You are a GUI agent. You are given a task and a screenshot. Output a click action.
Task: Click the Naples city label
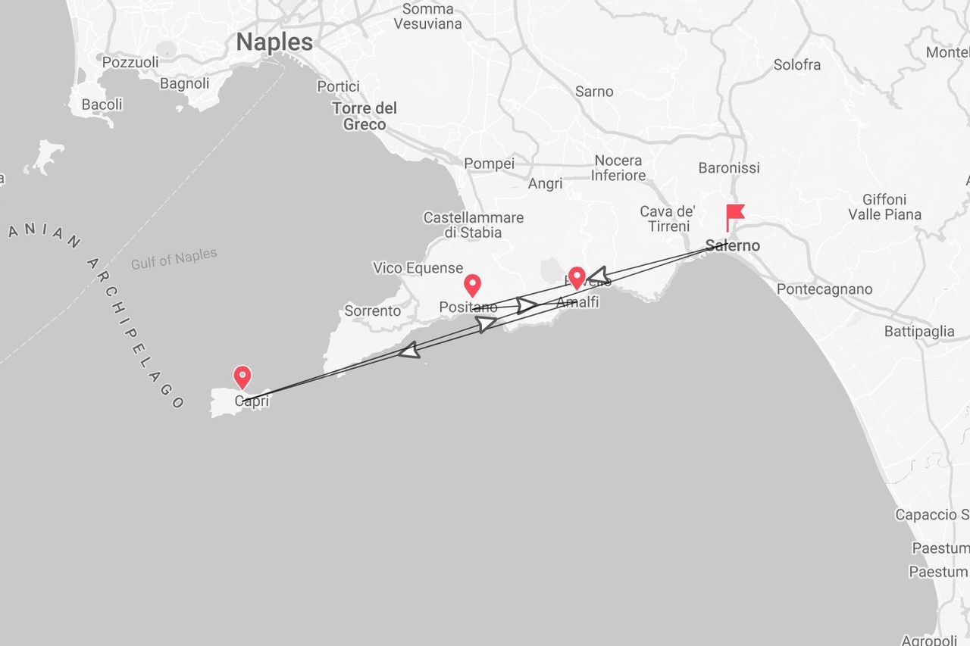click(274, 42)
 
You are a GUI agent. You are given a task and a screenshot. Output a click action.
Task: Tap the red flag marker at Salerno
click(734, 215)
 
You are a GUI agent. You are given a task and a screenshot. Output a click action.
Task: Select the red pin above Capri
click(242, 376)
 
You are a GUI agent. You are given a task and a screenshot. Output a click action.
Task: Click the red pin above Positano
click(472, 285)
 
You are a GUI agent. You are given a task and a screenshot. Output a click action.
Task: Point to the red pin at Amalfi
click(577, 277)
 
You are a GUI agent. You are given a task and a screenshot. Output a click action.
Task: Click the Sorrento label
click(372, 311)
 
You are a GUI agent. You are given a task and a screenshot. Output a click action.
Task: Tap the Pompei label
click(489, 164)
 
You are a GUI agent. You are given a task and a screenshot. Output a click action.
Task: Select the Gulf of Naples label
click(174, 259)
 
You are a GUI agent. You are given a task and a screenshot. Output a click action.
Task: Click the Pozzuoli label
click(130, 62)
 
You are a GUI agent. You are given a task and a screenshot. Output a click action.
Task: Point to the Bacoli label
click(102, 105)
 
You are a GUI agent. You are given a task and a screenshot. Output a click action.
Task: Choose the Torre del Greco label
click(365, 116)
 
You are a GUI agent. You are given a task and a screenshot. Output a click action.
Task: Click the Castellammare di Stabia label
click(473, 225)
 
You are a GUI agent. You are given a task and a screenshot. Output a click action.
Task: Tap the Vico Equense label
click(418, 268)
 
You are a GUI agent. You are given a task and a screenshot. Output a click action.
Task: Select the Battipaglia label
click(919, 331)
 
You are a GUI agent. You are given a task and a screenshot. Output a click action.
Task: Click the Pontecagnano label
click(824, 289)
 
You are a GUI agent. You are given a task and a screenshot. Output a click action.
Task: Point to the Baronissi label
click(729, 167)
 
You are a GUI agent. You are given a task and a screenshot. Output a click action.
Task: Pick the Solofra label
click(796, 65)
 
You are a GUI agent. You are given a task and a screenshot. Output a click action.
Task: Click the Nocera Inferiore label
click(618, 167)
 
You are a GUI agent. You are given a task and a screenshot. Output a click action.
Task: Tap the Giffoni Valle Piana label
click(884, 207)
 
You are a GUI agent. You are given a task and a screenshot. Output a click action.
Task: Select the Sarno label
click(594, 92)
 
